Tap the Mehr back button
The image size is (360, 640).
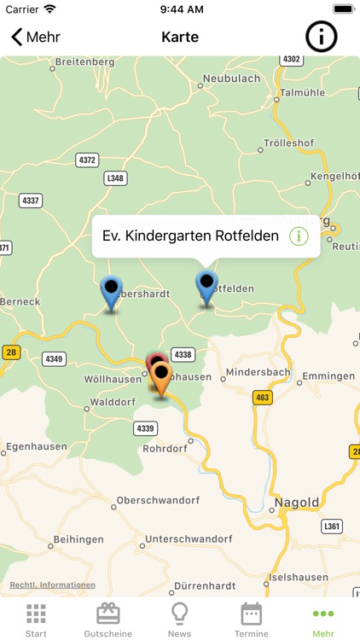(x=35, y=38)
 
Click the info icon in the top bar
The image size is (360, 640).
(x=322, y=37)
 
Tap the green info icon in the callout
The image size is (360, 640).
(x=299, y=236)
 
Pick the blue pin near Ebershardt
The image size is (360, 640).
(x=111, y=292)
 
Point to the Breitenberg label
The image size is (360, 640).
(x=84, y=61)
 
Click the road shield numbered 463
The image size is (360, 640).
(x=262, y=397)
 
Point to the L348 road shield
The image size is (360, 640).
(x=115, y=178)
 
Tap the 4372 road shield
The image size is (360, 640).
(x=87, y=160)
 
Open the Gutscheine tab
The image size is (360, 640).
(x=107, y=620)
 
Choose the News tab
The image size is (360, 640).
(x=179, y=620)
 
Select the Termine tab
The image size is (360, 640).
(x=251, y=620)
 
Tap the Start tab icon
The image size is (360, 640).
(x=36, y=614)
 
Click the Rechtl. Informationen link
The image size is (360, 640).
(x=52, y=585)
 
